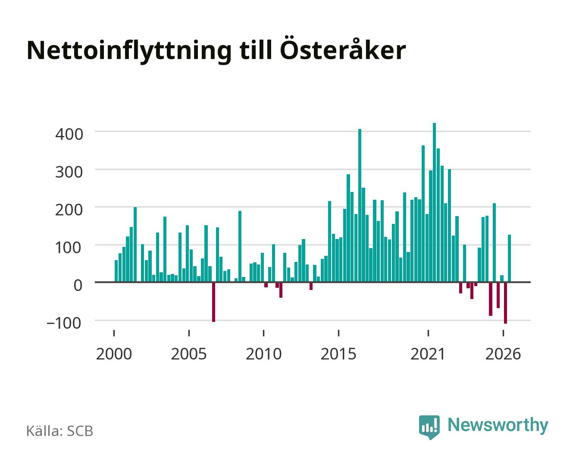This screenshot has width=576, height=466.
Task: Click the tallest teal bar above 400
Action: click(x=434, y=202)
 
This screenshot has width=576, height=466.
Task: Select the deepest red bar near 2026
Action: click(x=505, y=303)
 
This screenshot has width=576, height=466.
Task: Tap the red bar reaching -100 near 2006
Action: click(x=214, y=302)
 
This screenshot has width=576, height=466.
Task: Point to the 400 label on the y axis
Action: click(x=69, y=134)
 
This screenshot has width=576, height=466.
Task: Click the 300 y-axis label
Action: click(x=69, y=172)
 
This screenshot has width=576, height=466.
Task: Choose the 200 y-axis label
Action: click(x=69, y=210)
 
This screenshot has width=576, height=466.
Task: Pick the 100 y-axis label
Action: click(x=69, y=248)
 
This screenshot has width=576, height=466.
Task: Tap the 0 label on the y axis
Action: click(x=78, y=285)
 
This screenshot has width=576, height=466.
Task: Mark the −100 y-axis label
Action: click(x=64, y=323)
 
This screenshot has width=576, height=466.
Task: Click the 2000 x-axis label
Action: click(x=114, y=354)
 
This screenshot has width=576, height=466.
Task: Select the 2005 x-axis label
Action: click(x=189, y=354)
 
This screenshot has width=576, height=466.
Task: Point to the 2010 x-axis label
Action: click(x=264, y=354)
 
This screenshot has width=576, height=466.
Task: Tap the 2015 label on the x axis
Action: click(x=338, y=354)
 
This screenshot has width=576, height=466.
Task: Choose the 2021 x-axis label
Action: click(x=428, y=354)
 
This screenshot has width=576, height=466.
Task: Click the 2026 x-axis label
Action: click(x=503, y=354)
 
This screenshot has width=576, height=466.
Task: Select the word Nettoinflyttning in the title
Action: click(x=129, y=52)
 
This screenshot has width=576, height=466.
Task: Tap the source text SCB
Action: click(x=80, y=431)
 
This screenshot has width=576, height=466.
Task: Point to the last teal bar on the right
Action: click(x=509, y=258)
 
